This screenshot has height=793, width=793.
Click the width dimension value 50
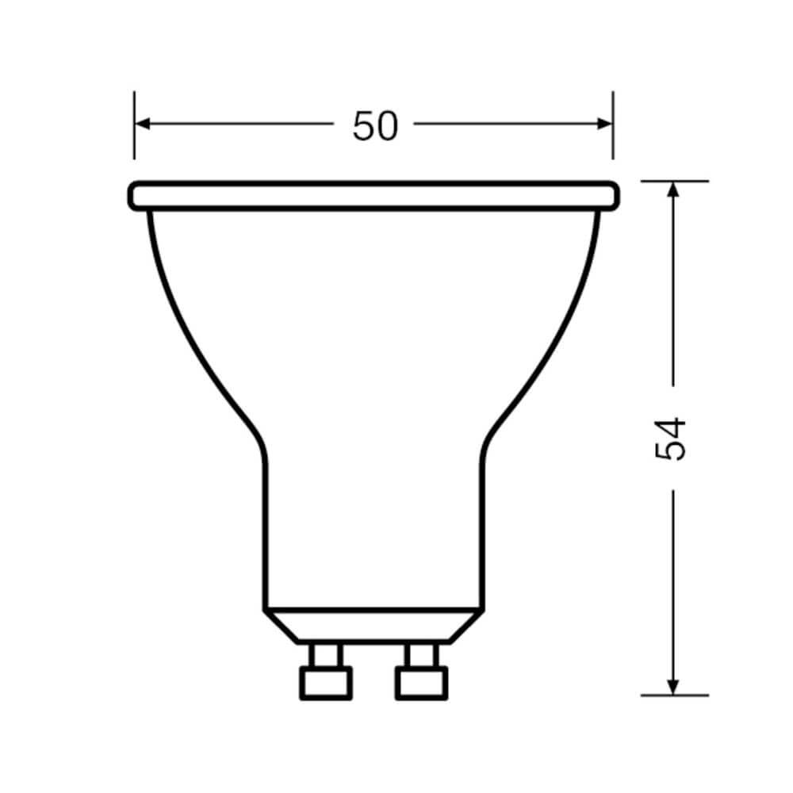coord(375,126)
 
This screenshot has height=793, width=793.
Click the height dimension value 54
coord(671,439)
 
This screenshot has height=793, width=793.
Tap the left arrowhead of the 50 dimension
coord(143,124)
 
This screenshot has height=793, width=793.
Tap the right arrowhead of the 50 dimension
coord(604,124)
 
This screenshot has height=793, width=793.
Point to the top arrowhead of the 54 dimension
coord(672,190)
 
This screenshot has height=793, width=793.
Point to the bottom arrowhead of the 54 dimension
coord(672,687)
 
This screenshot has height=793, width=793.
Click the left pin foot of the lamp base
coord(326,684)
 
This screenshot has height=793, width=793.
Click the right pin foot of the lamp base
coord(421,684)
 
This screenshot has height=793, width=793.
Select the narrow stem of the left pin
coord(326,656)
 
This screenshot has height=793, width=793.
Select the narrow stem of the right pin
coord(422,656)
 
